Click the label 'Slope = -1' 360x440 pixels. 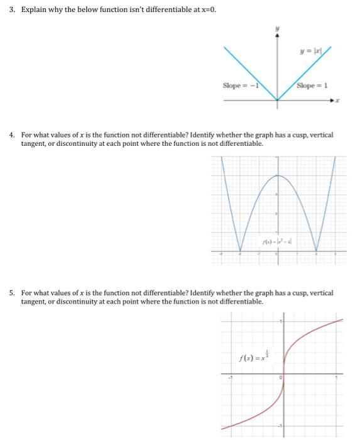click(241, 85)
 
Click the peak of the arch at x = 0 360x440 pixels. click(278, 175)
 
